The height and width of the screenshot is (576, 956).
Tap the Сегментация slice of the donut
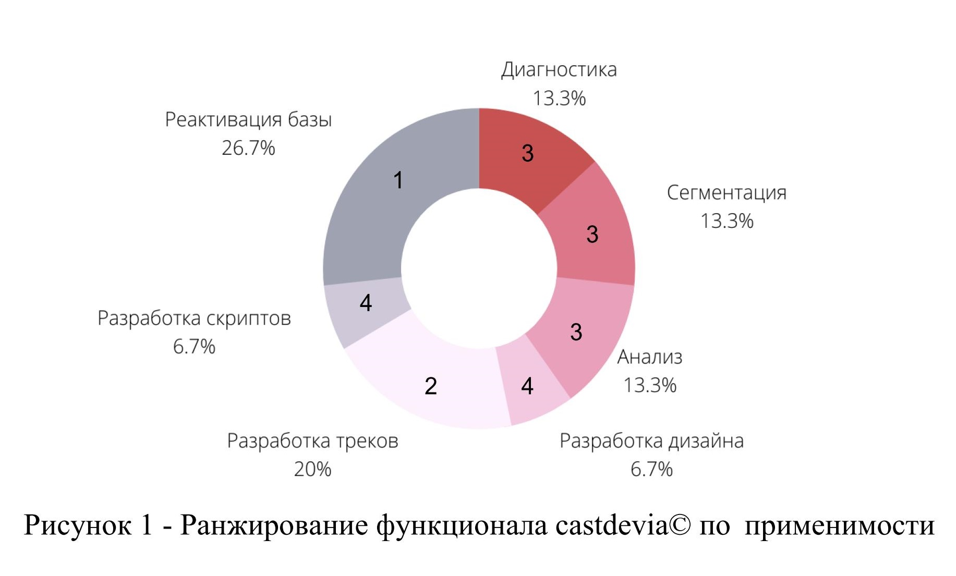(592, 235)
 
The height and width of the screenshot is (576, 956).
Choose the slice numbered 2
(431, 386)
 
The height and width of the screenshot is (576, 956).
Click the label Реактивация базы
(248, 120)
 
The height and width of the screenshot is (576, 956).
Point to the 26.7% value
(248, 149)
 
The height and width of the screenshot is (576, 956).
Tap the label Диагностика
(559, 70)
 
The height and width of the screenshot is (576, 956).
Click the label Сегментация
(727, 193)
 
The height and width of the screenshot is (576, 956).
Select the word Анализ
(650, 357)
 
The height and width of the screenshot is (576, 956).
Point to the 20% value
(312, 469)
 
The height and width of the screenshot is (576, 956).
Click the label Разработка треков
(312, 441)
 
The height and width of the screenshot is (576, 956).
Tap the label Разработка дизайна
(651, 441)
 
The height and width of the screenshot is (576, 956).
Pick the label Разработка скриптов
(194, 318)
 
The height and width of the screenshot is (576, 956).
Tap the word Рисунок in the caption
(78, 525)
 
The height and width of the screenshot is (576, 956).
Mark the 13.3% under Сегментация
(727, 221)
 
